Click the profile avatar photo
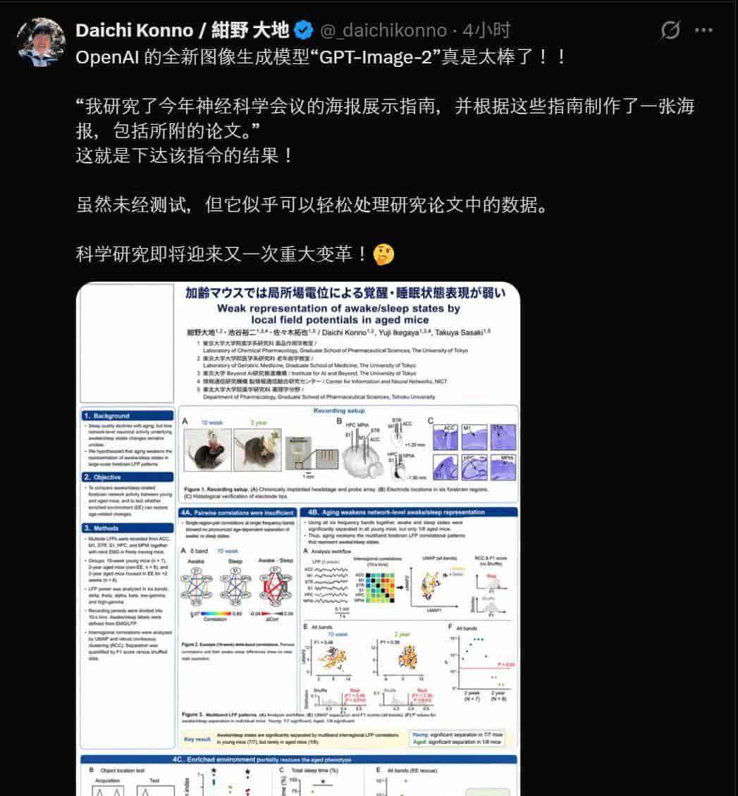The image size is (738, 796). pos(41,42)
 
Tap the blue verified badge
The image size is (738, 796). pos(303,30)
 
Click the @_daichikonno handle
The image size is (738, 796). pos(383,30)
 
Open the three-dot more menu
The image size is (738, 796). pos(703,30)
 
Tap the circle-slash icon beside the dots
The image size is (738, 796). pos(670,30)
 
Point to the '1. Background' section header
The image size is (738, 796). pos(127,416)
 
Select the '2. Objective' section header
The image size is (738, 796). pos(127,477)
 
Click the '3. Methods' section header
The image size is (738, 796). pos(127,527)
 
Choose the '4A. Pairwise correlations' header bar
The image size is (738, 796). pos(237,513)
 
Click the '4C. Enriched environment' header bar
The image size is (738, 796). pos(299,759)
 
